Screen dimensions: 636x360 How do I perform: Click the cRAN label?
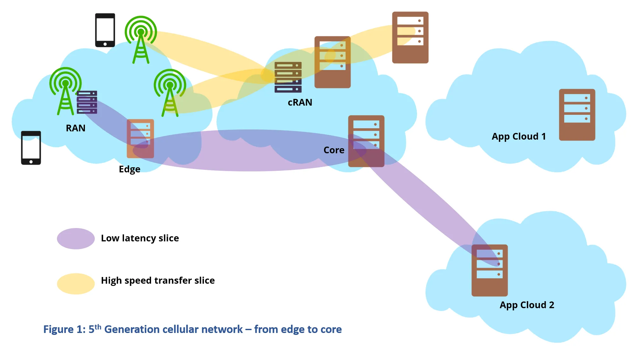click(x=300, y=102)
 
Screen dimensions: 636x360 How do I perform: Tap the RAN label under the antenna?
click(x=76, y=128)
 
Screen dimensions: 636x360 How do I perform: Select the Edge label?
click(x=129, y=169)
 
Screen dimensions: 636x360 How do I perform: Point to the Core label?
click(x=334, y=150)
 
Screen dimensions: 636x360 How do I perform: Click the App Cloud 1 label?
click(x=519, y=137)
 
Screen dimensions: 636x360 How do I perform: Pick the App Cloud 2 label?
click(x=527, y=305)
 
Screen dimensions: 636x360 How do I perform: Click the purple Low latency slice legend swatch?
click(x=76, y=239)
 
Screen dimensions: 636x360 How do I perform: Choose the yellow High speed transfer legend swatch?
click(x=76, y=284)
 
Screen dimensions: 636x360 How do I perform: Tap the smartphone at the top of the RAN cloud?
click(x=105, y=30)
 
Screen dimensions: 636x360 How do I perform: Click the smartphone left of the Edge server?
click(x=31, y=148)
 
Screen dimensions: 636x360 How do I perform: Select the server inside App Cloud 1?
click(x=577, y=115)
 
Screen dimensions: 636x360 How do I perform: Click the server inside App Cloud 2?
click(x=490, y=270)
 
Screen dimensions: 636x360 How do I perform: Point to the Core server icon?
click(x=366, y=141)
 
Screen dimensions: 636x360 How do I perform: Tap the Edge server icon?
click(x=140, y=139)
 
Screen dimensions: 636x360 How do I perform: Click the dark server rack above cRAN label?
click(x=288, y=77)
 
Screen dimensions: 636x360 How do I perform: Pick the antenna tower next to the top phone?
click(x=141, y=40)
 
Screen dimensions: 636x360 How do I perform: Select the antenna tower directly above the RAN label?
click(x=66, y=91)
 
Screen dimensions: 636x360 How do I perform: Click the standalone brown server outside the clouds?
click(x=410, y=38)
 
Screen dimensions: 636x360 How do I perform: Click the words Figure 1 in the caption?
click(x=65, y=329)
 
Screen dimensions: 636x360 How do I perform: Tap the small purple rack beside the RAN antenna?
click(x=87, y=102)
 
